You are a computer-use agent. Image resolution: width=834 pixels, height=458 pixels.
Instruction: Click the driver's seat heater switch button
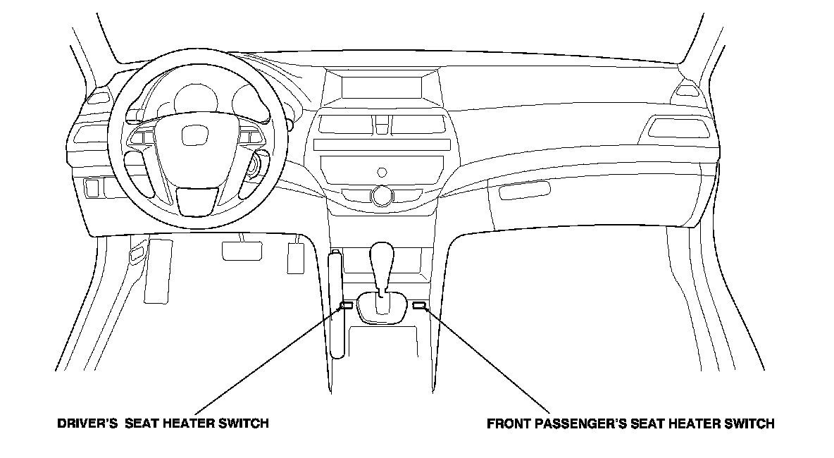(x=347, y=305)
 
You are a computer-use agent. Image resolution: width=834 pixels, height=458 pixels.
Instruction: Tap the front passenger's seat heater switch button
(x=419, y=305)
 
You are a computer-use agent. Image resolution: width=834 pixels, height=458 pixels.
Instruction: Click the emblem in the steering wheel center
(x=192, y=137)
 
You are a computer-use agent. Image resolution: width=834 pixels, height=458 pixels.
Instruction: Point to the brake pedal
(x=242, y=250)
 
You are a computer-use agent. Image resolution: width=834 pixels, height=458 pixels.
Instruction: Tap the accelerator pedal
(x=296, y=257)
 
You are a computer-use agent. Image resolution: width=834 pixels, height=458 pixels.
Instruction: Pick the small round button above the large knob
(x=382, y=172)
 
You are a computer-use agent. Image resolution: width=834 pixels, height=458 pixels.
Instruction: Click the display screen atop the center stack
(x=382, y=87)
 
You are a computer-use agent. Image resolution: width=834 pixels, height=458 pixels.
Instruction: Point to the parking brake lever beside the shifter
(x=337, y=303)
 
